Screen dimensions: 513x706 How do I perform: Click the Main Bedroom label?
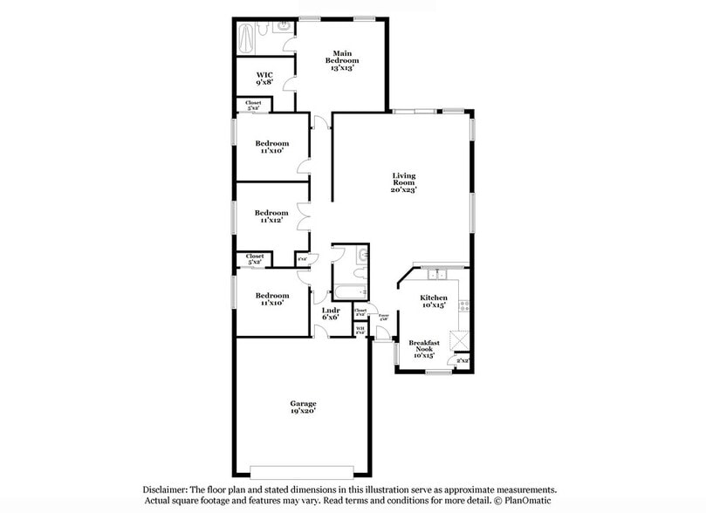342,59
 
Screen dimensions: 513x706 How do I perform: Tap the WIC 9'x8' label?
264,79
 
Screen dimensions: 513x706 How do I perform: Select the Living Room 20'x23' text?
403,182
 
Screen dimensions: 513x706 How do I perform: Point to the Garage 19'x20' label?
304,407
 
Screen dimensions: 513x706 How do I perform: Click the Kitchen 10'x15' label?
434,302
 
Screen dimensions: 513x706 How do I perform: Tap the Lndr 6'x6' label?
331,313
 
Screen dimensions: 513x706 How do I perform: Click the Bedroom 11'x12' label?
271,216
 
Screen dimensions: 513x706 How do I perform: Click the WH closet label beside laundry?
360,330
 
